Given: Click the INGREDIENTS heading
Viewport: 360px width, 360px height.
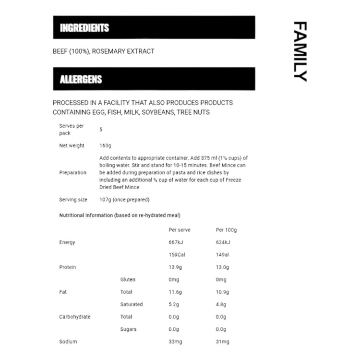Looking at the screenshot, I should pyautogui.click(x=84, y=28).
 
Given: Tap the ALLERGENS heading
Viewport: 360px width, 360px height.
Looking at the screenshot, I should pyautogui.click(x=81, y=79).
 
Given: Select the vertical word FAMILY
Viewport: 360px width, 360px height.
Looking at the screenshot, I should pyautogui.click(x=300, y=51).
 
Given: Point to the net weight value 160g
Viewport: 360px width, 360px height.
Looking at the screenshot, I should pyautogui.click(x=105, y=146).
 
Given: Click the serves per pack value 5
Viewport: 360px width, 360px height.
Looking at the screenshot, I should pyautogui.click(x=101, y=130).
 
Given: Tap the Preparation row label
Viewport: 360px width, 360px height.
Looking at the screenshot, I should pyautogui.click(x=72, y=173).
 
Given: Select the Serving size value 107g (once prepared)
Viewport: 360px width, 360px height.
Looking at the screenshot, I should pyautogui.click(x=124, y=200).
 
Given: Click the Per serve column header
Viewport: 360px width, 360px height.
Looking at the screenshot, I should pyautogui.click(x=180, y=230).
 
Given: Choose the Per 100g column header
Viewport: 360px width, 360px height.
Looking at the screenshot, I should pyautogui.click(x=227, y=230).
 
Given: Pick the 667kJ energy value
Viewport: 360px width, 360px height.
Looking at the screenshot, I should pyautogui.click(x=176, y=242).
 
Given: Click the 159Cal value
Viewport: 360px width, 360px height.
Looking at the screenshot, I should pyautogui.click(x=177, y=255).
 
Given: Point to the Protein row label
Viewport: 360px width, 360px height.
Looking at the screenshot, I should pyautogui.click(x=67, y=267).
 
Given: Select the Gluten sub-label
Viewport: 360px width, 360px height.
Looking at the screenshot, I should pyautogui.click(x=128, y=280).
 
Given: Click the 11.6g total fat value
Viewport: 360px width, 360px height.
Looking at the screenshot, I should pyautogui.click(x=175, y=292).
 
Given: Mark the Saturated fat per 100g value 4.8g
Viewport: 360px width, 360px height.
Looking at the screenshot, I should pyautogui.click(x=221, y=305).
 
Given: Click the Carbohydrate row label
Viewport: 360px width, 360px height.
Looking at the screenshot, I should pyautogui.click(x=74, y=317).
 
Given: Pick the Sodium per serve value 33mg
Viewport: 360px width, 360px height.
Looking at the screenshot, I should pyautogui.click(x=175, y=342).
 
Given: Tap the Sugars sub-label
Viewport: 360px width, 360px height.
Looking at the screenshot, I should pyautogui.click(x=128, y=330).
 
